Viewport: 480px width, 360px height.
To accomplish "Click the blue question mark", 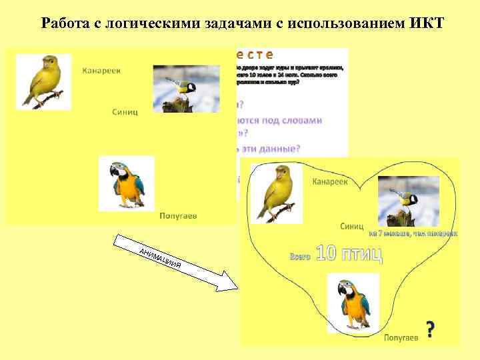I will (431, 329).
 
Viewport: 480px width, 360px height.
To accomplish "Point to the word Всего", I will (299, 256).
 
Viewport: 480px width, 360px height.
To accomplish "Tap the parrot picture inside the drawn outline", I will (353, 303).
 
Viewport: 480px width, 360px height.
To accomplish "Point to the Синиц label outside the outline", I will (125, 111).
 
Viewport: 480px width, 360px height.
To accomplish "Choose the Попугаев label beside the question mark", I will (401, 338).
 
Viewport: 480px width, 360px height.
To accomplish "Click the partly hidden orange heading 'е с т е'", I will (254, 54).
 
